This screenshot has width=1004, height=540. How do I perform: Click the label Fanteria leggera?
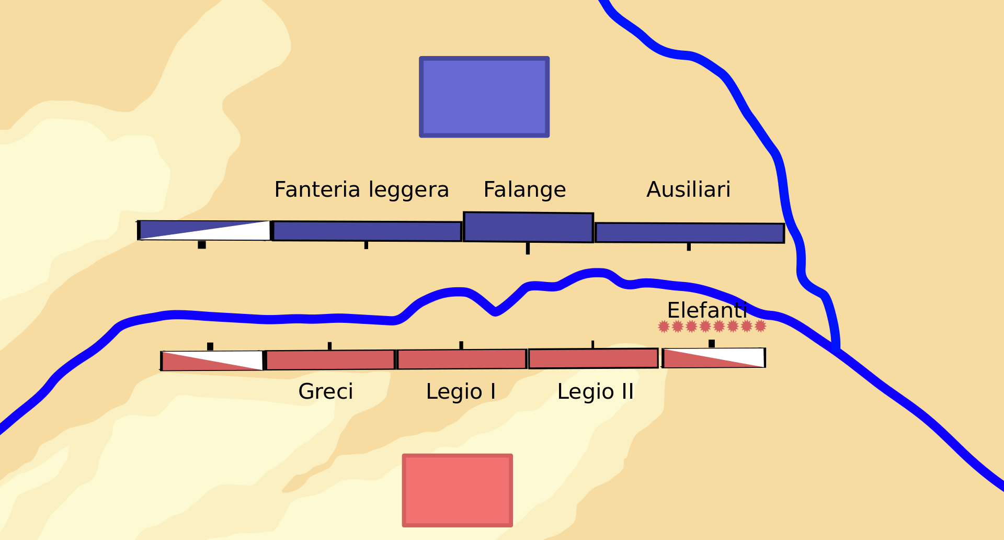tap(361, 190)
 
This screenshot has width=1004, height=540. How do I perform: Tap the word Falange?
tap(524, 190)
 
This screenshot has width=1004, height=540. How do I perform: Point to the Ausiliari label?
tap(688, 190)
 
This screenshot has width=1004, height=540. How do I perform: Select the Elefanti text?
tap(707, 311)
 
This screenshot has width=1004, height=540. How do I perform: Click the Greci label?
tap(326, 392)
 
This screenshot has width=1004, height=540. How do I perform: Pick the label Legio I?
tap(461, 392)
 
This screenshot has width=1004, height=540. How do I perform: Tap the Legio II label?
tap(595, 392)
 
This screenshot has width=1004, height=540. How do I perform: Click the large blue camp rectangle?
tap(484, 97)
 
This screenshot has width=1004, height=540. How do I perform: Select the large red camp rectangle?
tap(458, 490)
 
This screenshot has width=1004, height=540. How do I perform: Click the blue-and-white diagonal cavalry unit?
tap(204, 230)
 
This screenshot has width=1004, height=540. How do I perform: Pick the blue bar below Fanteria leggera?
tap(367, 231)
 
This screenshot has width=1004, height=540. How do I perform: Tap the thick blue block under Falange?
tap(528, 227)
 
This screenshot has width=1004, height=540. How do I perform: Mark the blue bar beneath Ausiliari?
tap(690, 233)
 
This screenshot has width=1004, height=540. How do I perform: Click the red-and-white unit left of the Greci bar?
tap(212, 361)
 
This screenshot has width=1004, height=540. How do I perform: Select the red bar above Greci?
tap(330, 360)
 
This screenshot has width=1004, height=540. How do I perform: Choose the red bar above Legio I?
tap(462, 359)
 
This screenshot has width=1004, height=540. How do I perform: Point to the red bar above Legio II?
tap(594, 358)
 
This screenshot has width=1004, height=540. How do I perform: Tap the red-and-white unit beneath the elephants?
tap(713, 358)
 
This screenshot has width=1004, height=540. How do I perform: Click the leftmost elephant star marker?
tap(664, 327)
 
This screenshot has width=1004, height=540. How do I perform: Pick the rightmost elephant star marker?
tap(760, 326)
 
